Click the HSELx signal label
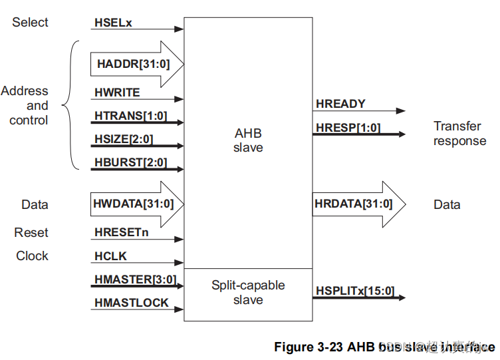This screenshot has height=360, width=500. tap(114, 23)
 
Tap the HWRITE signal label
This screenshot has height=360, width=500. tap(118, 93)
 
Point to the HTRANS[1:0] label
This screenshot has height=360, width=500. tap(130, 116)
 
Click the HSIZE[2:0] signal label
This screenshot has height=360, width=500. tap(124, 139)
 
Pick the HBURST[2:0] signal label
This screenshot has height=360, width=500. tap(131, 162)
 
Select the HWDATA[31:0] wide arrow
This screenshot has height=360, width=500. tap(136, 204)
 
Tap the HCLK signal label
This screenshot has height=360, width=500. tap(110, 256)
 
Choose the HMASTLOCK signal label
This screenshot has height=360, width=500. tap(131, 303)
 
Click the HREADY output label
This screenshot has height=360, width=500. tap(340, 104)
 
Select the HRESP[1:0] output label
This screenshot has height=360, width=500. tap(348, 127)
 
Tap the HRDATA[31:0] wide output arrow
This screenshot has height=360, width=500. tap(352, 204)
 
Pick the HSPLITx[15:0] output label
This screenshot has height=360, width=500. tap(354, 291)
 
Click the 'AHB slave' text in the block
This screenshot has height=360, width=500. tap(248, 140)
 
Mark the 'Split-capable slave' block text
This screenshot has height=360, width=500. tap(248, 293)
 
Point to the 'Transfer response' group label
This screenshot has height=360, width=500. tap(459, 133)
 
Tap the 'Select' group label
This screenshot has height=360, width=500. tap(30, 23)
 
